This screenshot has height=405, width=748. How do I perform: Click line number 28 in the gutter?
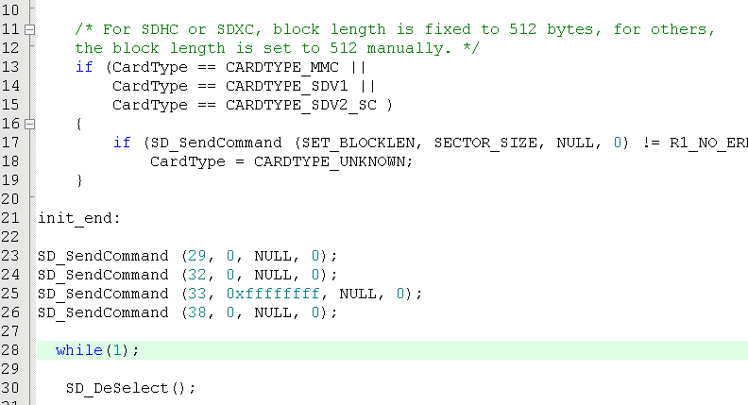click(x=10, y=350)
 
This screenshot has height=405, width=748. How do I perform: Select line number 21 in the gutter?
click(x=10, y=218)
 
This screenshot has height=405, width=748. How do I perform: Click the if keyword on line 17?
click(x=122, y=143)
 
